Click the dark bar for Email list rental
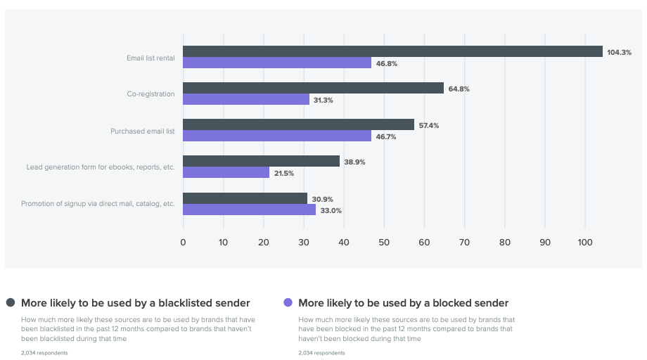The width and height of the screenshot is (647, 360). coord(392,51)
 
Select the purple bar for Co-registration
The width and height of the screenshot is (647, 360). coord(246,100)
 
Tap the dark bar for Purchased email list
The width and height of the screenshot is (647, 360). coord(298,124)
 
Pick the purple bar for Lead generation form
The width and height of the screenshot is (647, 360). coord(226,172)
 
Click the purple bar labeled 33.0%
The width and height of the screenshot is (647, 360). coord(249,210)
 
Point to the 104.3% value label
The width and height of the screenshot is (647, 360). coord(619,52)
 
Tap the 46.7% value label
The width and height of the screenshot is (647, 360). coord(386,136)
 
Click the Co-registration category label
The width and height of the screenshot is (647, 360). coord(150,94)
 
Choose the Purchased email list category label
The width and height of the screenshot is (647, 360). coord(142,131)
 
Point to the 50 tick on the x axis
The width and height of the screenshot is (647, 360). coord(384,243)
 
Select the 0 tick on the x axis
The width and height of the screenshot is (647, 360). coord(184,243)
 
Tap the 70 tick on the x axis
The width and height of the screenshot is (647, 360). coord(464,243)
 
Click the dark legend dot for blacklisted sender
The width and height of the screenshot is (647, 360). coord(11,303)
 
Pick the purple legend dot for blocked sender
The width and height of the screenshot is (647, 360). coord(287,303)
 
